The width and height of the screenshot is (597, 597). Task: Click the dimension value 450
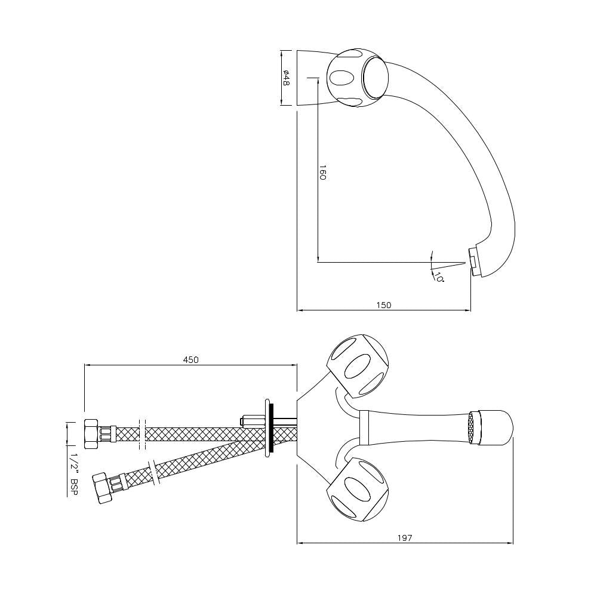click(190, 359)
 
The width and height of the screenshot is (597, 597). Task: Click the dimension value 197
click(405, 538)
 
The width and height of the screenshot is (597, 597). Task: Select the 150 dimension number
click(384, 305)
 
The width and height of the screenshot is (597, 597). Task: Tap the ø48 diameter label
click(287, 78)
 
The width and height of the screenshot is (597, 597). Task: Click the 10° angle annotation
click(439, 278)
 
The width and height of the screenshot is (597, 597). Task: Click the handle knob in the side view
click(358, 78)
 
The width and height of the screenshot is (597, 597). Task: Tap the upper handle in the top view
click(358, 365)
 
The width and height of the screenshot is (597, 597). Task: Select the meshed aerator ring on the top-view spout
click(475, 427)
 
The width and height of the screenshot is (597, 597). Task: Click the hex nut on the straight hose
click(91, 434)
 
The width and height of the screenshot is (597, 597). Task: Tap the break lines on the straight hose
click(142, 434)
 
